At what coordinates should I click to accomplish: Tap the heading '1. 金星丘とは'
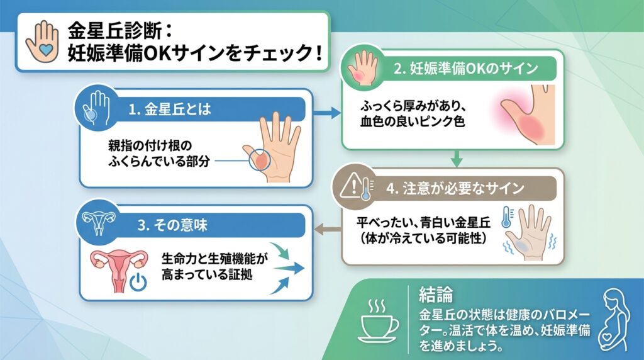coord(169,110)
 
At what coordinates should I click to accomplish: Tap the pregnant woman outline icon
coord(613,319)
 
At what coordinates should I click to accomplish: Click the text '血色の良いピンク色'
coord(412,121)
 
